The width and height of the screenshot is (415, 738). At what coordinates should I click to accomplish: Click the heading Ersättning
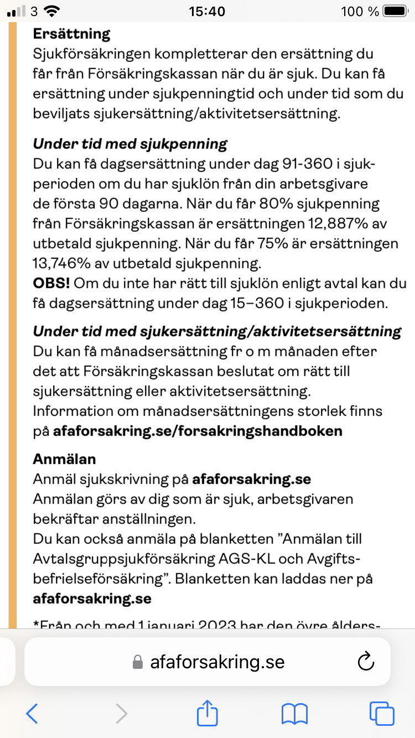(x=71, y=34)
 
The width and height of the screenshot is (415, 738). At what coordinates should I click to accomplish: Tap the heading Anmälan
(x=64, y=459)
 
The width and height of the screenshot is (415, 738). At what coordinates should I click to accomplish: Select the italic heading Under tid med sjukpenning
(x=130, y=144)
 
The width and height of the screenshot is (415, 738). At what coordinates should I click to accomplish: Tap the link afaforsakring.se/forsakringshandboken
(x=198, y=431)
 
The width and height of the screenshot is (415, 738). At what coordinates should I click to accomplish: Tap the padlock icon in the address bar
(x=138, y=662)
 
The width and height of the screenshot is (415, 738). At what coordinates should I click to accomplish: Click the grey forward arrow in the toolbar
(x=121, y=713)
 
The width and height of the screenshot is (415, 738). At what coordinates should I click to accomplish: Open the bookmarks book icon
(x=294, y=714)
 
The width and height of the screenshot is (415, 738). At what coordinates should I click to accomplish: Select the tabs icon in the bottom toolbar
(x=382, y=713)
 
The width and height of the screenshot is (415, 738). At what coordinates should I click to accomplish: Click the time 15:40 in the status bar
(x=207, y=11)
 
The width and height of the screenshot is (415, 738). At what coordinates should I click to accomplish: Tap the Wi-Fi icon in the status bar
(x=52, y=11)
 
